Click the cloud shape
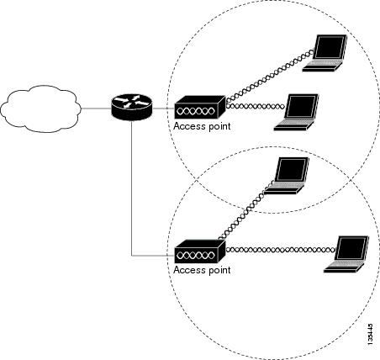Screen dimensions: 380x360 (x=40, y=109)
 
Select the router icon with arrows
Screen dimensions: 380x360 (x=131, y=108)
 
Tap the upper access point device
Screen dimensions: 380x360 (x=200, y=108)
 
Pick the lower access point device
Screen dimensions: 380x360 (x=200, y=251)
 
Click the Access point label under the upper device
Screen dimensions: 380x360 (x=202, y=126)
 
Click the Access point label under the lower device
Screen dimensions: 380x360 (x=202, y=270)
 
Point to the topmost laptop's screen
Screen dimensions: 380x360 (x=330, y=47)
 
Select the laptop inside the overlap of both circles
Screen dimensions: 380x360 (x=287, y=176)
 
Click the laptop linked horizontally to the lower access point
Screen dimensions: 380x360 (x=346, y=254)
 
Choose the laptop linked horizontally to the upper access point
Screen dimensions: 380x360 (x=296, y=112)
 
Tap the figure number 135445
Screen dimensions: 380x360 (x=370, y=334)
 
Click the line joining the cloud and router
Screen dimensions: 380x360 (x=96, y=109)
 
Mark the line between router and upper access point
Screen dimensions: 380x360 (x=163, y=109)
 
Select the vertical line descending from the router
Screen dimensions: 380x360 (x=131, y=188)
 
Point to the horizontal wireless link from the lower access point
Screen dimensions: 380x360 (x=281, y=250)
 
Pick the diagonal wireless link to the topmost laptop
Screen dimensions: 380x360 (x=270, y=76)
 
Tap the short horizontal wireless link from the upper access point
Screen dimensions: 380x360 (x=255, y=106)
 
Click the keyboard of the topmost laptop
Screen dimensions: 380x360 (x=324, y=64)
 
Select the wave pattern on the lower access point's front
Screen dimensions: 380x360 (x=197, y=256)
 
